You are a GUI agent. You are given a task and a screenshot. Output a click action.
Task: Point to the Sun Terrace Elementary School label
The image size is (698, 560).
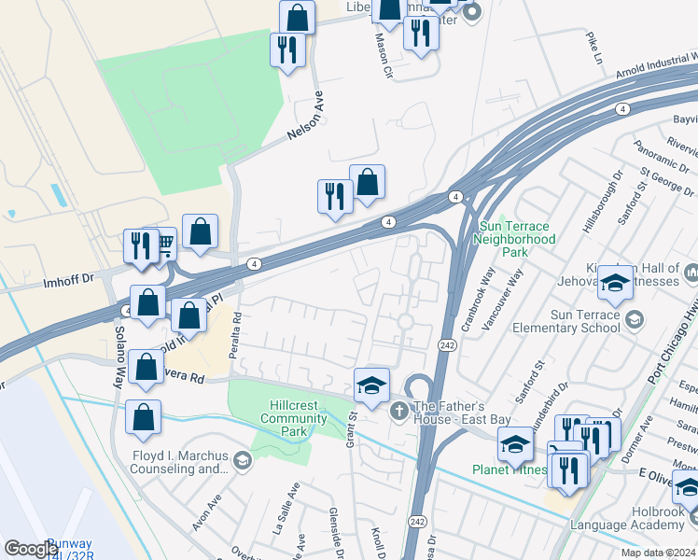(572, 321)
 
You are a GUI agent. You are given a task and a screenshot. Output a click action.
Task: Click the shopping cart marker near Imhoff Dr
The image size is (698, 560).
(164, 245)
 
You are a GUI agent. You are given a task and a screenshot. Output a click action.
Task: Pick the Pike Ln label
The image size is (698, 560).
(593, 49)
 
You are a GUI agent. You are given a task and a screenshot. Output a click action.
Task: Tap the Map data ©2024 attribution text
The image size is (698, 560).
(659, 553)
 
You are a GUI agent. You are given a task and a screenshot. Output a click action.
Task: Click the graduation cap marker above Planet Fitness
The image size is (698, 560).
(514, 445)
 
